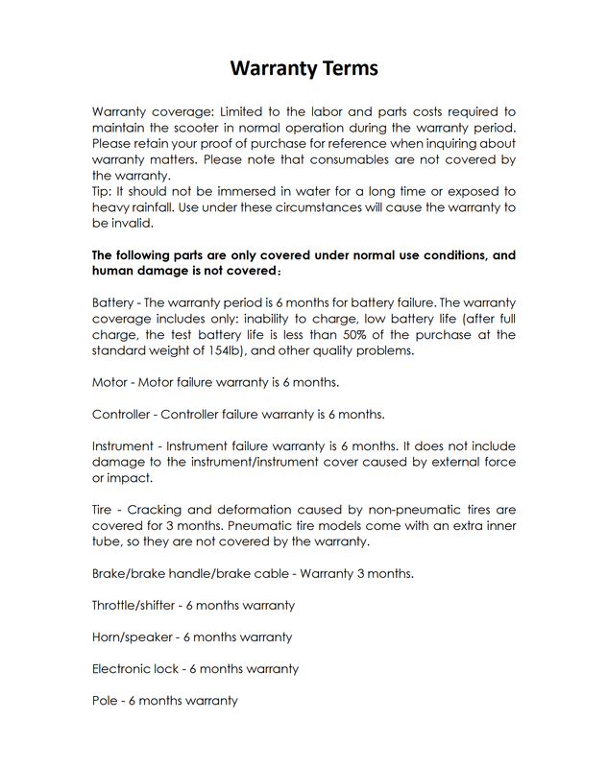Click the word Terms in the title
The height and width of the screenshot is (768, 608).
pyautogui.click(x=343, y=69)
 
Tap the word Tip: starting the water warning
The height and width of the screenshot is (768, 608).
pyautogui.click(x=103, y=192)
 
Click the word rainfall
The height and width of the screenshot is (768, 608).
pyautogui.click(x=161, y=207)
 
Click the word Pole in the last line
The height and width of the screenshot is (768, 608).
pyautogui.click(x=105, y=700)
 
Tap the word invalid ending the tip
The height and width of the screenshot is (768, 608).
pyautogui.click(x=135, y=223)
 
